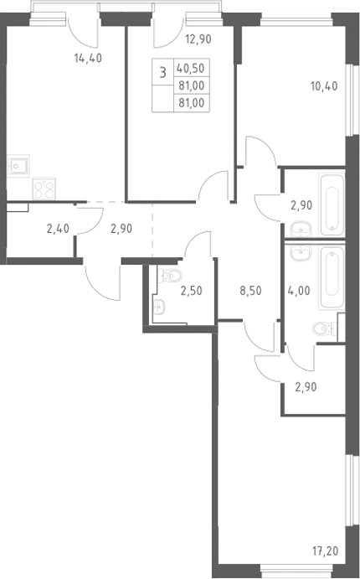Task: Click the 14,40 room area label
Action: click(88, 58)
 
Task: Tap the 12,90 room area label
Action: click(198, 39)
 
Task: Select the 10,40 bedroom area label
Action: click(324, 86)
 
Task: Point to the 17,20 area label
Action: click(325, 551)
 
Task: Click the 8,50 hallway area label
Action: click(250, 291)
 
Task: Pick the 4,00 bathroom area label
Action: click(299, 291)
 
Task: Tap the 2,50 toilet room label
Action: click(191, 291)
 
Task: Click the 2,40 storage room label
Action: click(58, 229)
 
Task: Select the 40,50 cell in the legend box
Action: click(191, 69)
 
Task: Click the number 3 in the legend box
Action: click(162, 72)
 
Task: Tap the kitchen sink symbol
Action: click(18, 166)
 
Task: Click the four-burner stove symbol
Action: click(44, 189)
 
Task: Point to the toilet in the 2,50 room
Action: click(170, 276)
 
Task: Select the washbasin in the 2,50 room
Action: click(159, 306)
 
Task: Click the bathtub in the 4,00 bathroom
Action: click(332, 277)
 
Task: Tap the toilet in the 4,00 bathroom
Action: click(324, 328)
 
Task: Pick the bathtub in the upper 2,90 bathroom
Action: click(332, 205)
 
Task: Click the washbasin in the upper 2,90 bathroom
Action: click(301, 229)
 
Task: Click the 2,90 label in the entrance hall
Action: click(121, 229)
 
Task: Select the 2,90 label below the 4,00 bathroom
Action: click(306, 387)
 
